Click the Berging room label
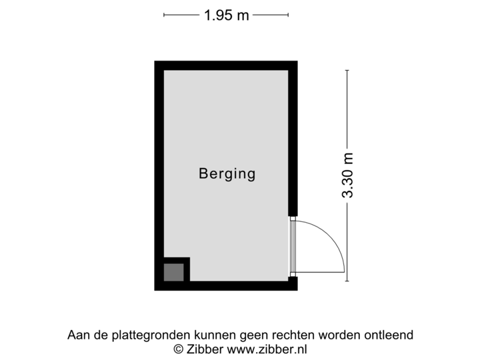point(227,175)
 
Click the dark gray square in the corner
point(173,272)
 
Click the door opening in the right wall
point(292,246)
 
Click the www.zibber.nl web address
point(267,348)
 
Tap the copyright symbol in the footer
point(177,348)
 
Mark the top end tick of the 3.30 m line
point(347,70)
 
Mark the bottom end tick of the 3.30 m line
point(347,281)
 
